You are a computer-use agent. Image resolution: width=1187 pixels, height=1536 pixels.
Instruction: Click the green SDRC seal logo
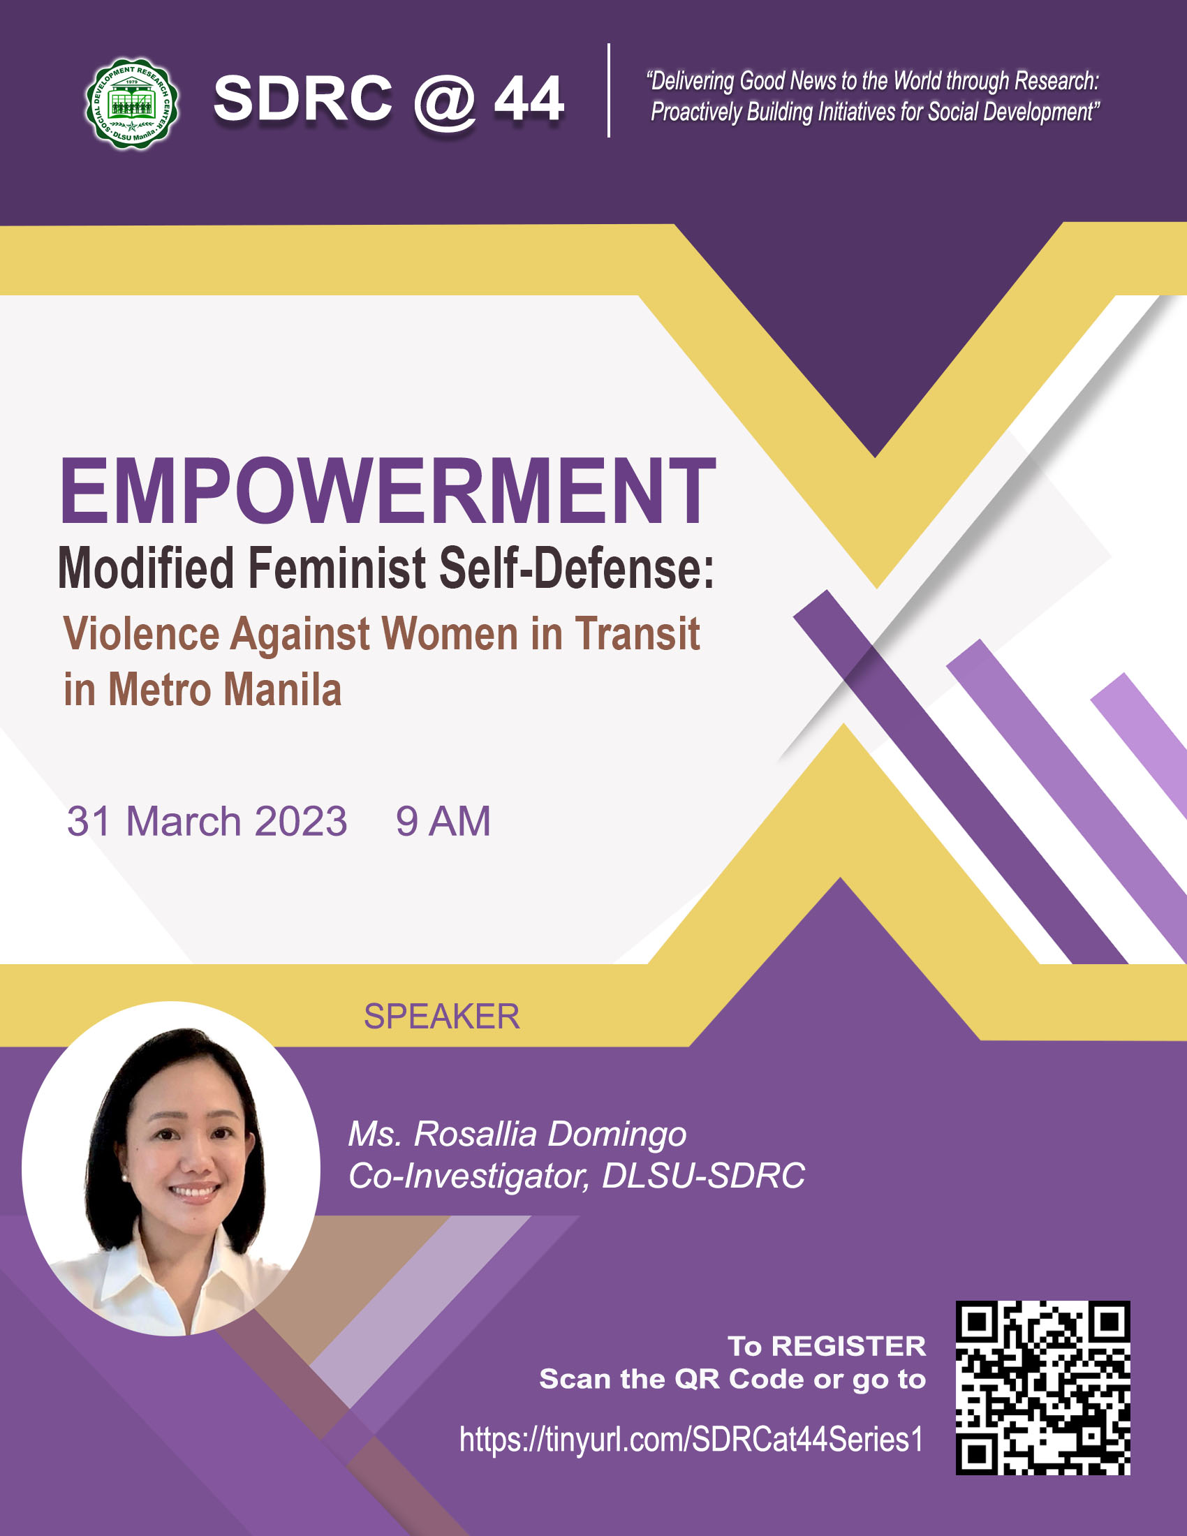tap(131, 103)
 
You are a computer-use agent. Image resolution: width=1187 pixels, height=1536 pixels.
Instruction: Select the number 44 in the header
tap(529, 98)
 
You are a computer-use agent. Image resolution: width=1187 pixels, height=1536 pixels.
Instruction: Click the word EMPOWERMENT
tap(388, 490)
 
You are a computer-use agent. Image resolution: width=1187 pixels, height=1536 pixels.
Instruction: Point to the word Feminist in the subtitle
tap(337, 568)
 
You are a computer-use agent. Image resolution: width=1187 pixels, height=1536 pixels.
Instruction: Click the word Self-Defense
tap(577, 568)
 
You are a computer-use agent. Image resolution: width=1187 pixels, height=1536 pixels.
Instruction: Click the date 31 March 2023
tap(207, 821)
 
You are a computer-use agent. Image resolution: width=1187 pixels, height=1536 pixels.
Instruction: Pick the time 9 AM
tap(443, 821)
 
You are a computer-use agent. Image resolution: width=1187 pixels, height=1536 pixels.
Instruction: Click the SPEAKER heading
tap(441, 1017)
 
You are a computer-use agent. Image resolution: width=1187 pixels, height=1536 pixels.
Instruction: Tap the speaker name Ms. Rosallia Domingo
tap(517, 1135)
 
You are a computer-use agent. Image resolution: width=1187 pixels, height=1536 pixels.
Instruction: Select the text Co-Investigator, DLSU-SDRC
tap(577, 1175)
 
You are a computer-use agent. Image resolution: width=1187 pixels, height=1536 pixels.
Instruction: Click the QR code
tap(1043, 1387)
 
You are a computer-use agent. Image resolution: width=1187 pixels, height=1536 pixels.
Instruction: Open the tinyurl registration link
tap(691, 1440)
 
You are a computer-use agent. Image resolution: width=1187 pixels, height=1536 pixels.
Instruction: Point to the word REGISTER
tap(849, 1346)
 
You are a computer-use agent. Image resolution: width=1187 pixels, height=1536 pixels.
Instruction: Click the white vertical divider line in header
tap(608, 90)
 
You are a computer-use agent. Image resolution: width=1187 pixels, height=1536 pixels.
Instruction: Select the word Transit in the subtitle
tap(638, 634)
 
